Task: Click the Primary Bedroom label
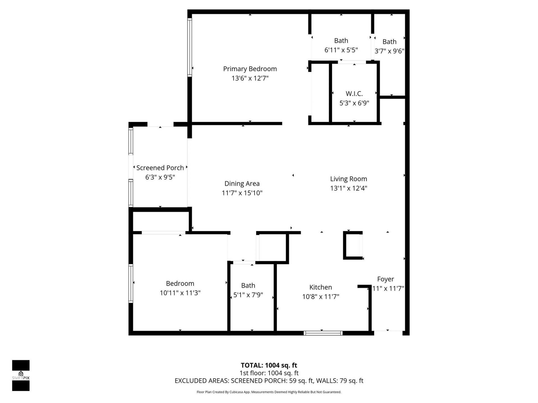pyautogui.click(x=250, y=69)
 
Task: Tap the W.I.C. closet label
pyautogui.click(x=354, y=93)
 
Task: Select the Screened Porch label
pyautogui.click(x=160, y=168)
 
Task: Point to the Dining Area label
pyautogui.click(x=242, y=184)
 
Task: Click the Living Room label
pyautogui.click(x=348, y=179)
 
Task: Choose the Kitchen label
pyautogui.click(x=321, y=287)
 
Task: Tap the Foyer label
pyautogui.click(x=385, y=279)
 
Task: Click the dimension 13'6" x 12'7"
pyautogui.click(x=250, y=78)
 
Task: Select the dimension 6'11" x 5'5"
pyautogui.click(x=341, y=50)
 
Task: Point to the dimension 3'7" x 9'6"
pyautogui.click(x=389, y=51)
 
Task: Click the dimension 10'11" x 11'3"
pyautogui.click(x=180, y=293)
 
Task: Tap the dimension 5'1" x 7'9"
pyautogui.click(x=248, y=295)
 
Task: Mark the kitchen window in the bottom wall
pyautogui.click(x=323, y=333)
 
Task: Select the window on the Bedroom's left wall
pyautogui.click(x=131, y=283)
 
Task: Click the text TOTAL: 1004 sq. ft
pyautogui.click(x=269, y=365)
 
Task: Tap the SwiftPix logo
pyautogui.click(x=21, y=375)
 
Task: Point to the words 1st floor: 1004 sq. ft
pyautogui.click(x=269, y=373)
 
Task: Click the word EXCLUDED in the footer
pyautogui.click(x=191, y=381)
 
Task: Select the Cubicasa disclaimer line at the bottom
pyautogui.click(x=269, y=392)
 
